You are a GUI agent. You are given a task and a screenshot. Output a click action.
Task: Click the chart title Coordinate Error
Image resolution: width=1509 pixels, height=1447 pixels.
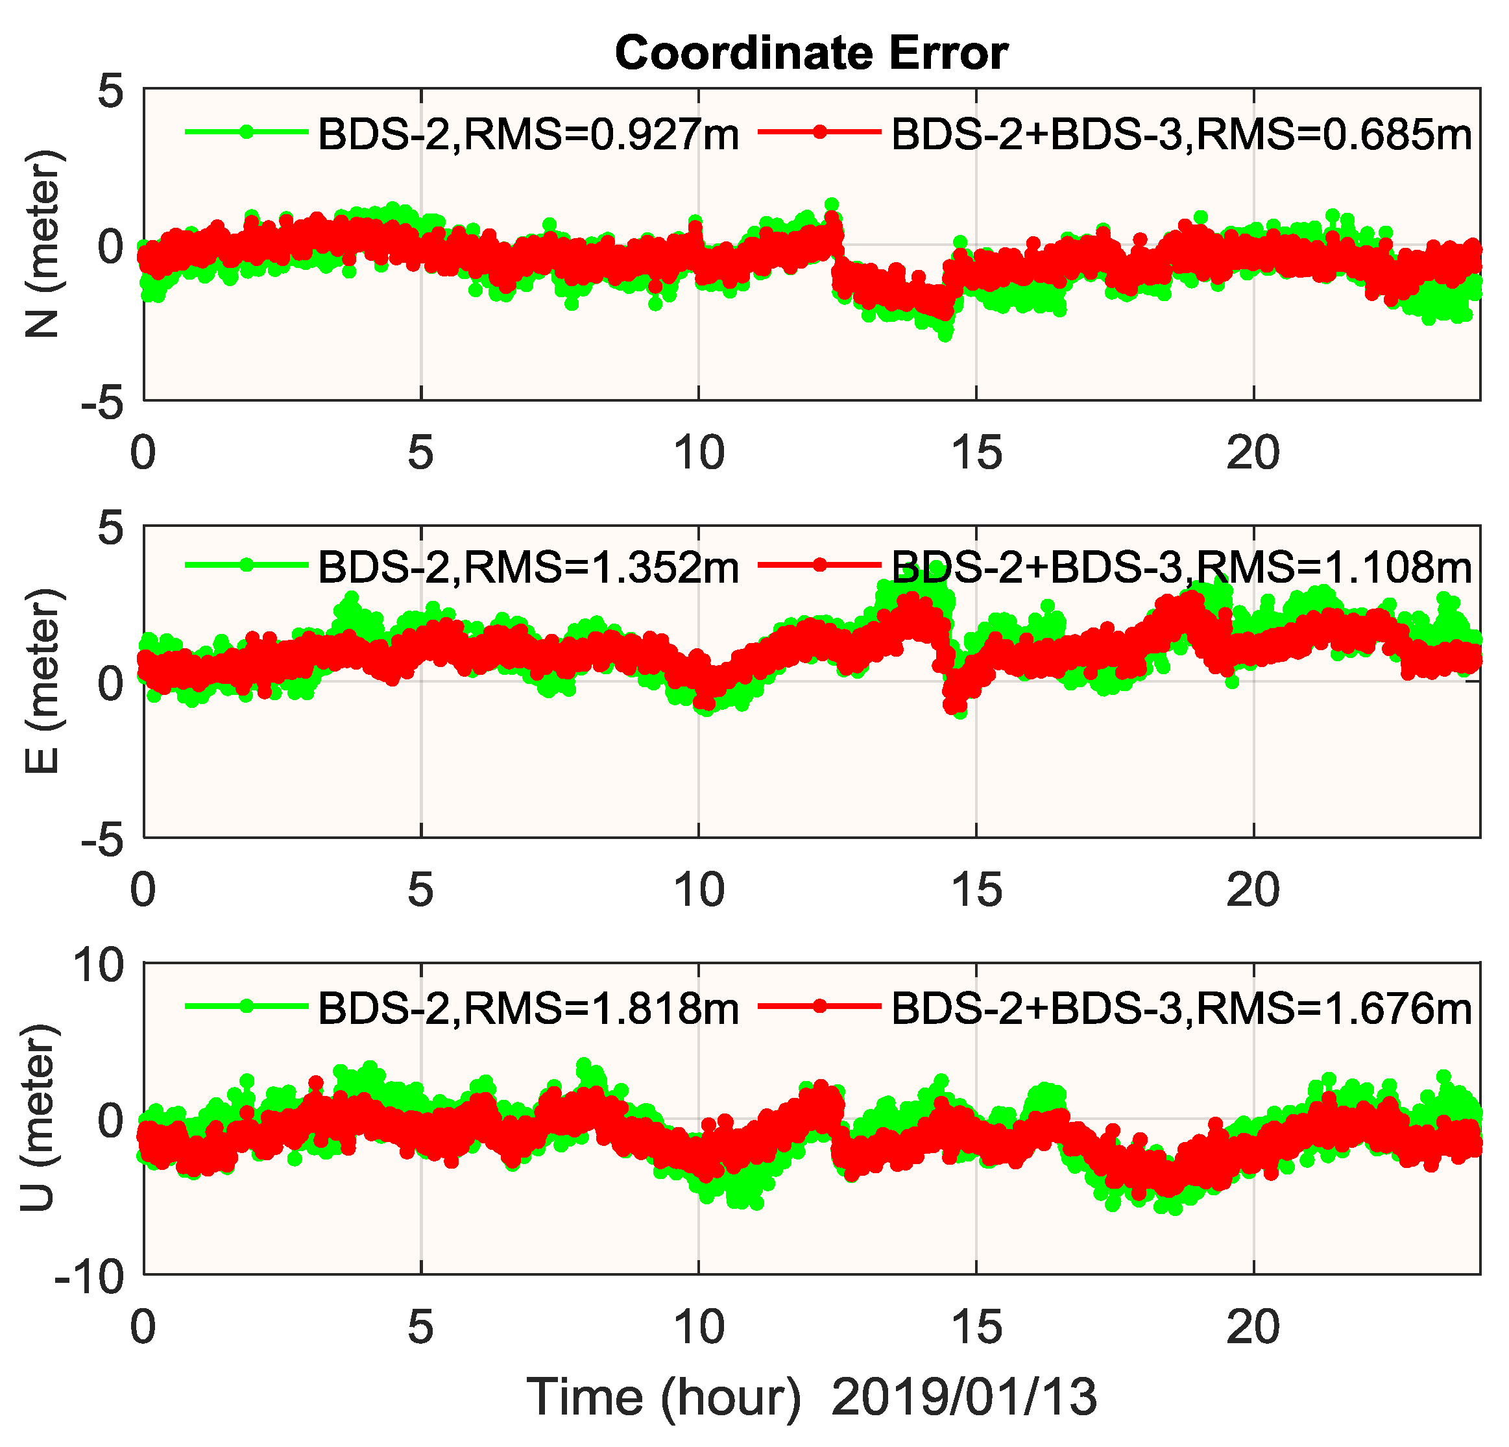point(811,54)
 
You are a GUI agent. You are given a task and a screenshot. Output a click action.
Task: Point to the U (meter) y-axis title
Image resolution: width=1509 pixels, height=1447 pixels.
point(38,1117)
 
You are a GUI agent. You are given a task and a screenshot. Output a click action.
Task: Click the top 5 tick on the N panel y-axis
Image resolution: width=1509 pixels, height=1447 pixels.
point(110,92)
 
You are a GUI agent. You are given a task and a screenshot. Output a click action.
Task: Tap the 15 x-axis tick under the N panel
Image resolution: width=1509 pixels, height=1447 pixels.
point(976,453)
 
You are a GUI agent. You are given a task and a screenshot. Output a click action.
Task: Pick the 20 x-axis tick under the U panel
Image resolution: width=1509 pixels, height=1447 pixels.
point(1253,1326)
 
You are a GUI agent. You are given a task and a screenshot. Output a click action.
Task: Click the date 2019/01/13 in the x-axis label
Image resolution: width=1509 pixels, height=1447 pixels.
point(964,1397)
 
